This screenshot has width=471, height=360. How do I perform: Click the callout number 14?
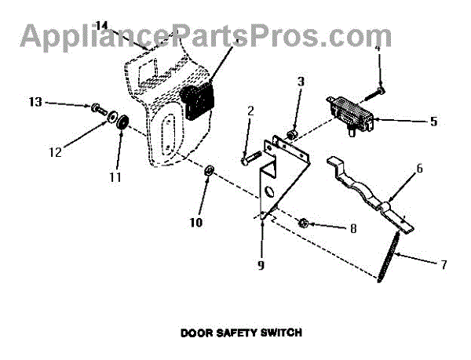pyautogui.click(x=100, y=26)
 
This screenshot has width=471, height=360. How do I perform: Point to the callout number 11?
pyautogui.click(x=115, y=177)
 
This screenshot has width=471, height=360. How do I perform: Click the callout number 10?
pyautogui.click(x=195, y=222)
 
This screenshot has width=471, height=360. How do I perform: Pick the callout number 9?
pyautogui.click(x=260, y=264)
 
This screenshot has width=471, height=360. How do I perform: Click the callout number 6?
pyautogui.click(x=419, y=168)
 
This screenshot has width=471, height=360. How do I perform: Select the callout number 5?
pyautogui.click(x=433, y=122)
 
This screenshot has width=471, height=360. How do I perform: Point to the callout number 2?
pyautogui.click(x=250, y=111)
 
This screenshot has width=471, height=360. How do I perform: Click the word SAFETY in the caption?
pyautogui.click(x=230, y=333)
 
